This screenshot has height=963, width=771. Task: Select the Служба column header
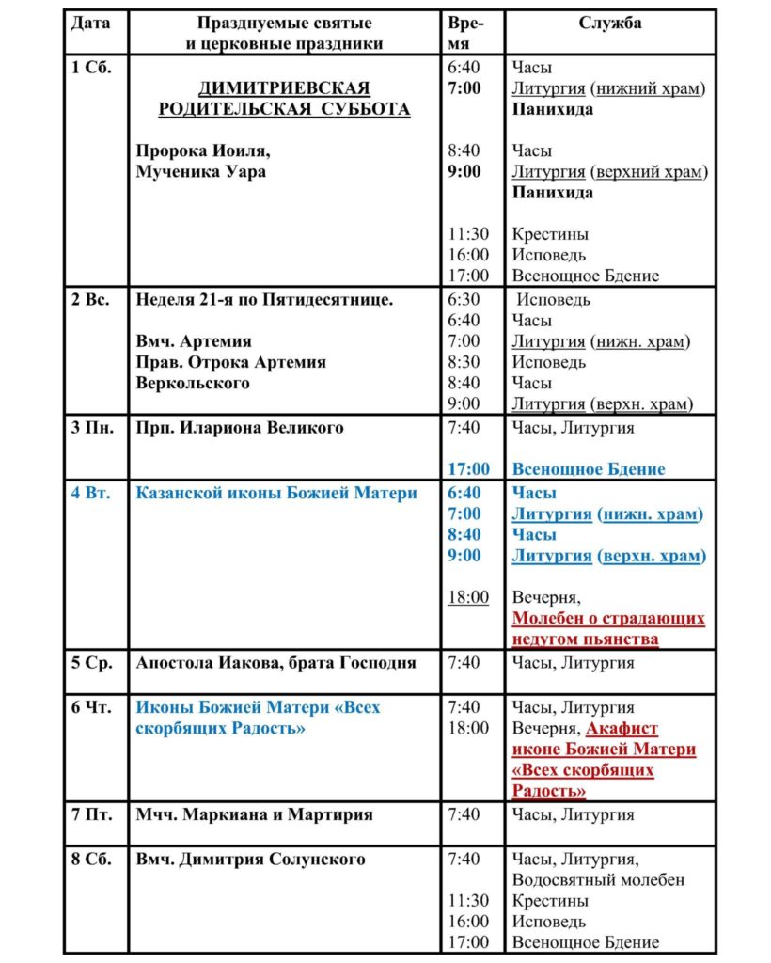(x=609, y=23)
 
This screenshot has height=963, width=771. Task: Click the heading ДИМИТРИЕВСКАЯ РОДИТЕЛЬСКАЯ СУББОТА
(x=284, y=99)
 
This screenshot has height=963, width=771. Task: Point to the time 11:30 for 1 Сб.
(x=468, y=234)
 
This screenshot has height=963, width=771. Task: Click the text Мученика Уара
(x=201, y=171)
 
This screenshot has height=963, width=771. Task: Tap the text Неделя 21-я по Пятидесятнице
(x=264, y=300)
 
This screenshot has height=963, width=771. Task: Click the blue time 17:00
(x=468, y=469)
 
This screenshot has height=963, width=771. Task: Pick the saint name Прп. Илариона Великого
(x=240, y=428)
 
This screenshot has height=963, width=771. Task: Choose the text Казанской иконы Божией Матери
(x=276, y=493)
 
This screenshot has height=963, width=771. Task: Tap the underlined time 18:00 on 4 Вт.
(x=468, y=597)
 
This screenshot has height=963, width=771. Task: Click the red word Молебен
(x=549, y=619)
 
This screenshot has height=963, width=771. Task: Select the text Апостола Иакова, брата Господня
(x=275, y=663)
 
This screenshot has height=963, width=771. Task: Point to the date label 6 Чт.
(x=91, y=707)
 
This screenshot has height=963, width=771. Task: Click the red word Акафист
(x=622, y=728)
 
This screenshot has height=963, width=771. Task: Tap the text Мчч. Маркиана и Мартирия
(x=254, y=814)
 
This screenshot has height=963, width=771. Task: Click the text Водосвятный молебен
(x=598, y=880)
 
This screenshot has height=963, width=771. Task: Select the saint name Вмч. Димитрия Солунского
(x=250, y=860)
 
